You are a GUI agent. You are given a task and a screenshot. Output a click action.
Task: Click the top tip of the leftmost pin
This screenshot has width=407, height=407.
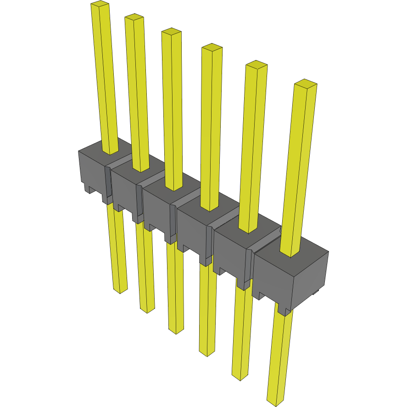click(x=100, y=4)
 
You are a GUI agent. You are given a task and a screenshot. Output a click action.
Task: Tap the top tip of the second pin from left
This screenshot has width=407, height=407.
click(x=134, y=17)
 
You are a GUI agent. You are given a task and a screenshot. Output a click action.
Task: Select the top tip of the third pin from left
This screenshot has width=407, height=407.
click(x=171, y=32)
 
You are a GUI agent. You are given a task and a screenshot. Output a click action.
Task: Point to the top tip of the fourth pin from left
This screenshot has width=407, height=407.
click(x=212, y=47)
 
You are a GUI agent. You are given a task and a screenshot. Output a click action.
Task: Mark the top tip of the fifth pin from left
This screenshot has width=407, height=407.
click(x=256, y=65)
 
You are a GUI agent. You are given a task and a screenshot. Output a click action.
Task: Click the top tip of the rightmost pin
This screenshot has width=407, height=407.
click(x=306, y=84)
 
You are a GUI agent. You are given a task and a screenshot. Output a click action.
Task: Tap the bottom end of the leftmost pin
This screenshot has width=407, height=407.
click(x=120, y=290)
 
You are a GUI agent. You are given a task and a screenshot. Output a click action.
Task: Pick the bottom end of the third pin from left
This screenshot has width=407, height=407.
click(x=176, y=330)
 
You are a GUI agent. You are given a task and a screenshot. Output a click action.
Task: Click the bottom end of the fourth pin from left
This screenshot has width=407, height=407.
click(x=207, y=353)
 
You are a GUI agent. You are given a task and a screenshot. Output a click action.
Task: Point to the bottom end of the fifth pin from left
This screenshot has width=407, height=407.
click(x=240, y=377)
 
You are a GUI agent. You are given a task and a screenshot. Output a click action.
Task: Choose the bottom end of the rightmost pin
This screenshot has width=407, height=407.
click(x=275, y=403)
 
